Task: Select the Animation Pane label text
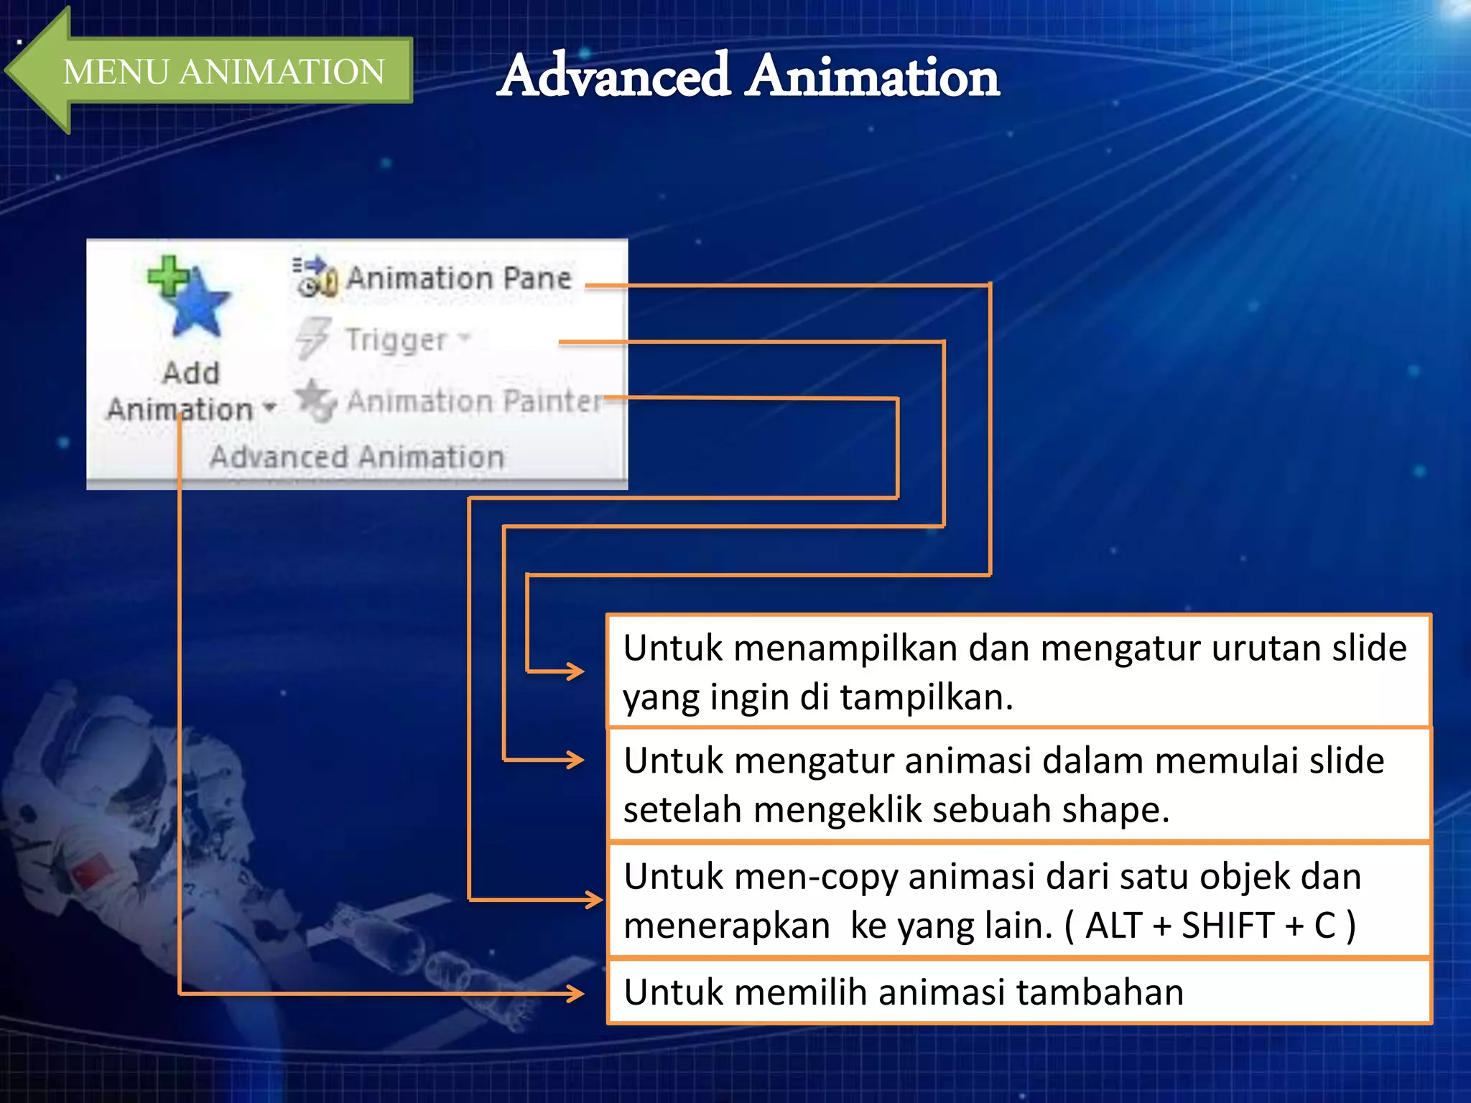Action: coord(459,278)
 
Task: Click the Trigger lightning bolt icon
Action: coord(312,338)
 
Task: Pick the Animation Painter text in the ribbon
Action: coord(474,401)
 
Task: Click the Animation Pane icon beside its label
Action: coord(315,277)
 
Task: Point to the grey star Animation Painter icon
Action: coord(315,399)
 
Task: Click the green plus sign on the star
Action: coord(167,276)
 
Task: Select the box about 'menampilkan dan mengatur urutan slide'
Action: coord(1018,671)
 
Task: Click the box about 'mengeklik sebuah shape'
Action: coord(1018,784)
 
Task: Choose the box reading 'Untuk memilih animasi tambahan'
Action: coord(1018,992)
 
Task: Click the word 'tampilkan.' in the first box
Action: coord(927,697)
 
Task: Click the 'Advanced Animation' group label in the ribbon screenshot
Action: coord(357,457)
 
